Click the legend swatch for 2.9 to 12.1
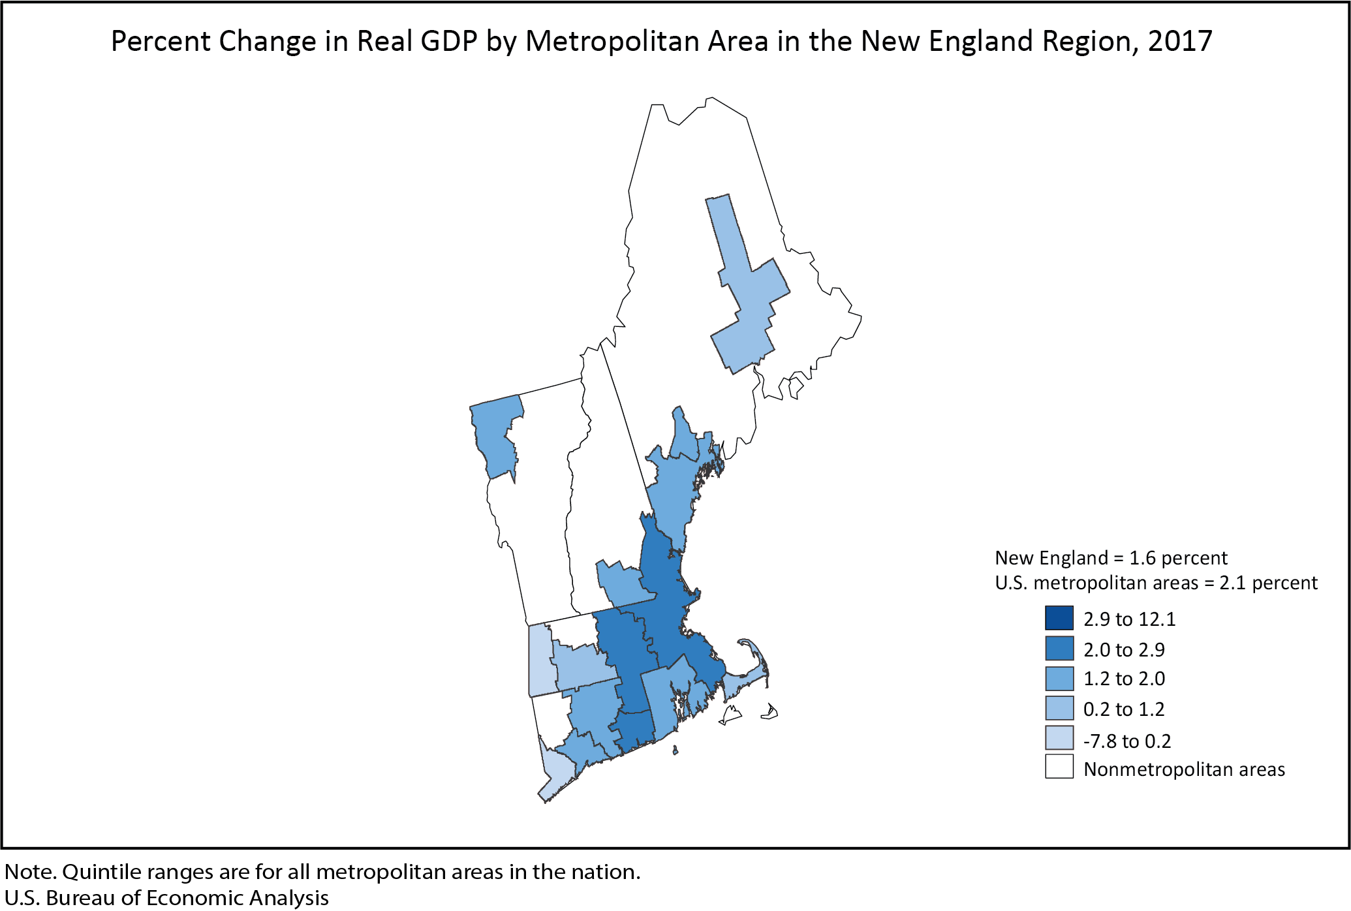pos(1059,618)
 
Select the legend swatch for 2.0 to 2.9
pos(1059,649)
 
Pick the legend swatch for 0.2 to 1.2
pos(1059,708)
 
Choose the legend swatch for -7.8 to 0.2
pos(1059,738)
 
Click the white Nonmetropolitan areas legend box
pos(1059,767)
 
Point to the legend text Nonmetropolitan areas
pos(1184,769)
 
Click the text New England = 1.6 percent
pos(1111,558)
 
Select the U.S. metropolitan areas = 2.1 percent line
pos(1156,583)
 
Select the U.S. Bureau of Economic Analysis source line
pos(166,898)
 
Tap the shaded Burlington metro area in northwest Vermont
pos(496,437)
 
